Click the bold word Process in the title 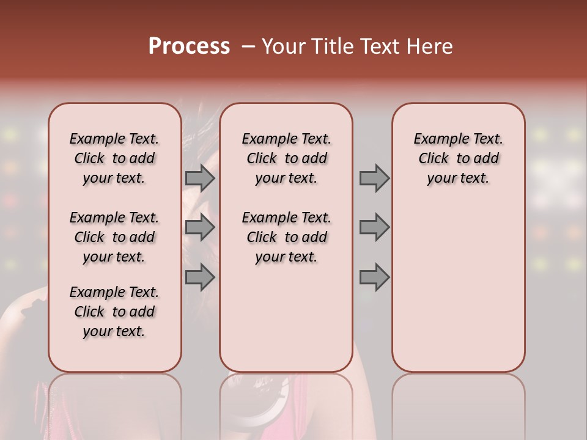[189, 46]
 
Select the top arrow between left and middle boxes [200, 178]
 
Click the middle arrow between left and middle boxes [200, 228]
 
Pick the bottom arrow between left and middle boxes [200, 277]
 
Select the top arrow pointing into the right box [374, 178]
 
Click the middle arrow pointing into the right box [374, 228]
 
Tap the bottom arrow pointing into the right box [374, 277]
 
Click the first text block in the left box [114, 158]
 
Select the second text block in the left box [114, 237]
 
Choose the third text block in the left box [114, 312]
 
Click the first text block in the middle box [286, 158]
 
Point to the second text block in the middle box [286, 237]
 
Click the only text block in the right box [458, 158]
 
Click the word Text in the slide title [383, 46]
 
